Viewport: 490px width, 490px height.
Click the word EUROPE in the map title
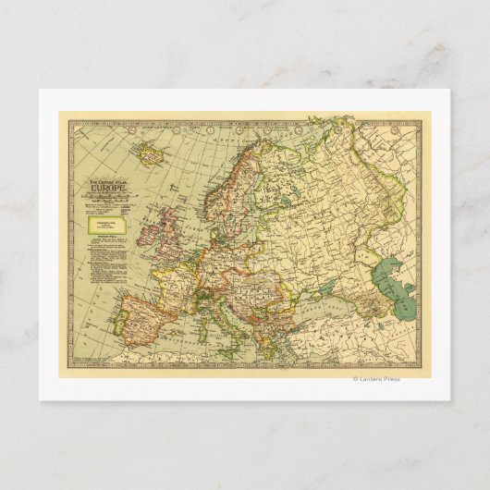click(x=106, y=192)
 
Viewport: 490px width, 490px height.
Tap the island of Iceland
click(x=147, y=151)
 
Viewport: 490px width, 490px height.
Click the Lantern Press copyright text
click(x=374, y=379)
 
